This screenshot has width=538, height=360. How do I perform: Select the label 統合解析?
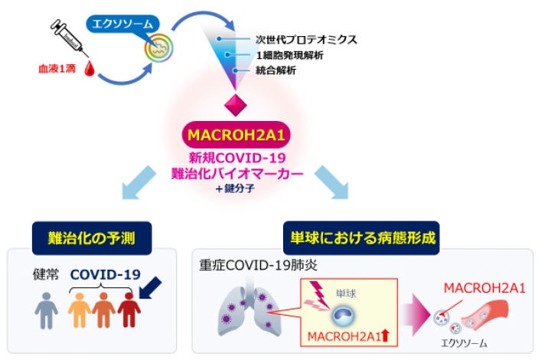pyautogui.click(x=276, y=70)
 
